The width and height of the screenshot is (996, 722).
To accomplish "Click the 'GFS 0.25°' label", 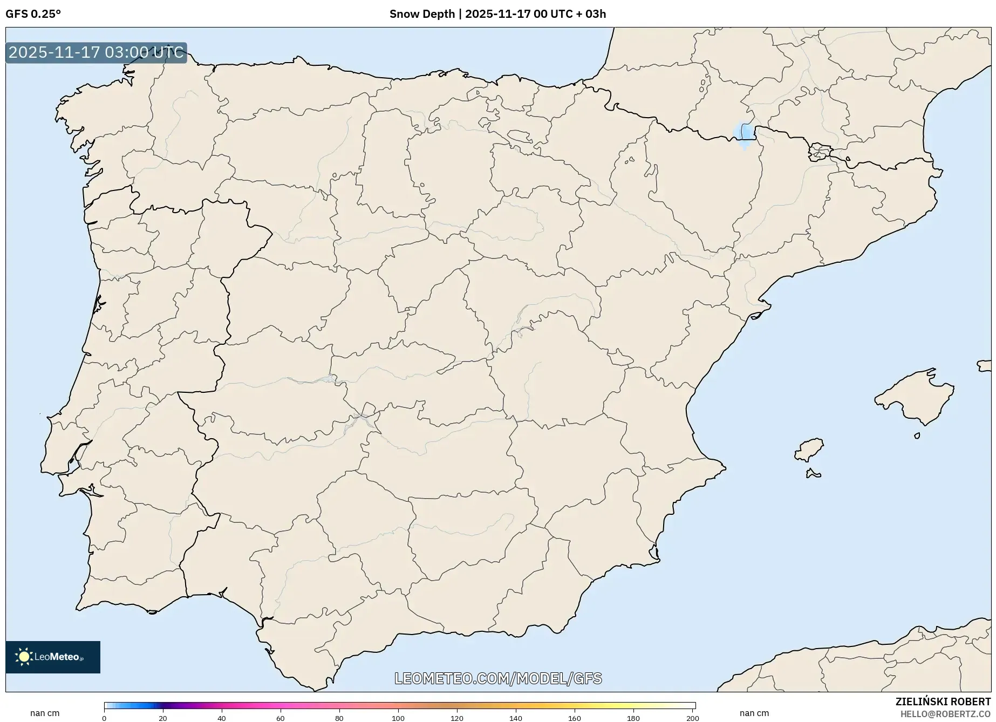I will click(x=33, y=14).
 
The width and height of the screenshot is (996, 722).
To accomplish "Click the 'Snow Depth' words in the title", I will click(x=422, y=14).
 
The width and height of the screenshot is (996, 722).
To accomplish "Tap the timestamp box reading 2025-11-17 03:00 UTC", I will click(x=96, y=53).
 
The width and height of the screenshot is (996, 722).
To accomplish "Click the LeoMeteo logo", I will click(x=53, y=657).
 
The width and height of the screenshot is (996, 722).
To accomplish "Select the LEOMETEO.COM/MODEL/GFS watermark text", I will click(x=498, y=678).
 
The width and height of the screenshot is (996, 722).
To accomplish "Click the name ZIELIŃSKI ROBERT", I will click(x=943, y=701).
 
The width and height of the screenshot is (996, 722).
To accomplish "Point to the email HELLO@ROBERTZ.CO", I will click(x=945, y=714).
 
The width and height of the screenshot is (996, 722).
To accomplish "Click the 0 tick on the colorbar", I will click(x=104, y=718).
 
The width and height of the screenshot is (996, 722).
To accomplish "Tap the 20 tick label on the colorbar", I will click(x=163, y=718).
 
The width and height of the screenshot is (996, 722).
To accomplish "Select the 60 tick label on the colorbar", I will click(x=281, y=718).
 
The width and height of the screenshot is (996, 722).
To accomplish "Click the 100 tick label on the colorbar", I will click(x=398, y=718).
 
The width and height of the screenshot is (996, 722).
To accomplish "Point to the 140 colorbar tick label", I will click(x=516, y=718).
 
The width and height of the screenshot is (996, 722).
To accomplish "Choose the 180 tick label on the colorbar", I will click(x=633, y=718).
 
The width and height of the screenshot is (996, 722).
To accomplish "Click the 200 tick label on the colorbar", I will click(x=692, y=718).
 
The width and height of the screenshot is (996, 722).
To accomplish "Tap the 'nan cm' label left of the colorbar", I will click(x=45, y=713).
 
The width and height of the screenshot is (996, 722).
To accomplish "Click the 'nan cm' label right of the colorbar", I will click(x=754, y=713).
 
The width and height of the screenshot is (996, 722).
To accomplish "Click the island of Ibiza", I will click(x=809, y=450).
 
